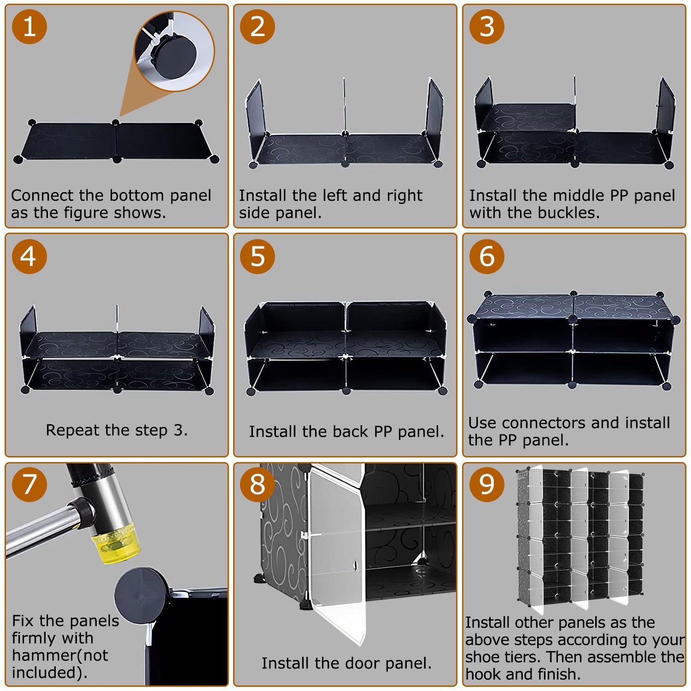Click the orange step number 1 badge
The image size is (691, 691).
point(29,27)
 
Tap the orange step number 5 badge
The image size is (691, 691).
point(258,256)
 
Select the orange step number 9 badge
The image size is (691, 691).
point(487,485)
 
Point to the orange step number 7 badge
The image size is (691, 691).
point(29,485)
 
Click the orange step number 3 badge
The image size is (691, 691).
point(487,27)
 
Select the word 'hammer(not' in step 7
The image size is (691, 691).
point(60,655)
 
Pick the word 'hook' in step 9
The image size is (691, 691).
point(482,674)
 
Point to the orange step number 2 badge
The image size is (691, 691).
point(258,27)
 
